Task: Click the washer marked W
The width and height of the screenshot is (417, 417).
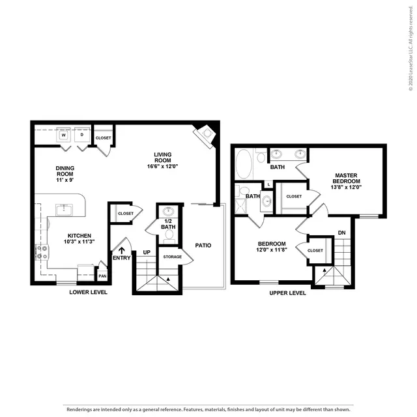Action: (64, 135)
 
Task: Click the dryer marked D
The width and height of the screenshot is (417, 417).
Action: (82, 135)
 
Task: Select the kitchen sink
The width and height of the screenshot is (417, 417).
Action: (64, 210)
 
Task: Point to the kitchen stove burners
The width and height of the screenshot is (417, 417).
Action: (42, 252)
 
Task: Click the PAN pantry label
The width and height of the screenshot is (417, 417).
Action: (102, 276)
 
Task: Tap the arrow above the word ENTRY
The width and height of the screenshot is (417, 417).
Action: (122, 250)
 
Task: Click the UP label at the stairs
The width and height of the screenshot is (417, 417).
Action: (147, 252)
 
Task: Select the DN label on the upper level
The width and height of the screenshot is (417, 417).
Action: (341, 233)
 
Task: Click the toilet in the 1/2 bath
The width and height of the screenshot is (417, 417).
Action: (168, 236)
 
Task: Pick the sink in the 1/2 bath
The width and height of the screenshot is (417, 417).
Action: (168, 212)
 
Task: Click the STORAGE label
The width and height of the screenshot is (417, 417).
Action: (172, 257)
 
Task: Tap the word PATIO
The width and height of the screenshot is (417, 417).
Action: (203, 245)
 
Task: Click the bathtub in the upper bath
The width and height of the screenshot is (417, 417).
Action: (244, 164)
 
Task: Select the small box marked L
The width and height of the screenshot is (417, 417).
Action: (268, 184)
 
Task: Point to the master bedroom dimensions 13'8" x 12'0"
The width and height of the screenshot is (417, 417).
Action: (346, 187)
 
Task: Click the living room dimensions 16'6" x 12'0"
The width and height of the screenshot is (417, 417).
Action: (162, 167)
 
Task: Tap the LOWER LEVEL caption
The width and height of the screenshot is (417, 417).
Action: (89, 292)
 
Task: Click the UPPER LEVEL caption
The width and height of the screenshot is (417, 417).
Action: (287, 293)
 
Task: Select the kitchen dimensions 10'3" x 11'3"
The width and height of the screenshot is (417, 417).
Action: (79, 242)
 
